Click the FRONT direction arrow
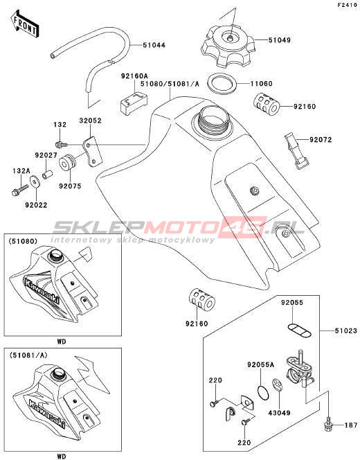24,24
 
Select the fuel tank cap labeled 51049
228,46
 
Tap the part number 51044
154,45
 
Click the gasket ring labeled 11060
222,84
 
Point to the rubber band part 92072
296,150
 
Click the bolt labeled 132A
19,190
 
